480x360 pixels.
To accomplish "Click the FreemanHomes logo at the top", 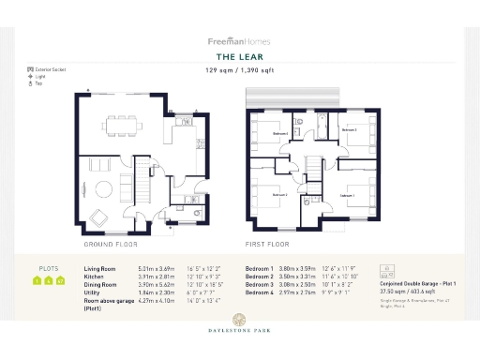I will (x=239, y=41).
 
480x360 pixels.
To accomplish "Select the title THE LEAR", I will (x=239, y=56).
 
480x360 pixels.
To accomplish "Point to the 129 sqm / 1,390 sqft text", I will (x=239, y=69).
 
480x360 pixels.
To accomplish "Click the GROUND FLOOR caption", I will (x=112, y=243).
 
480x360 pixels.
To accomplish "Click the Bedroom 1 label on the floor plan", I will (x=347, y=195).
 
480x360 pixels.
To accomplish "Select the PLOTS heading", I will (x=48, y=268).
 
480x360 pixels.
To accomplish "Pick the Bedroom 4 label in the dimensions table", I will (x=260, y=292).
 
